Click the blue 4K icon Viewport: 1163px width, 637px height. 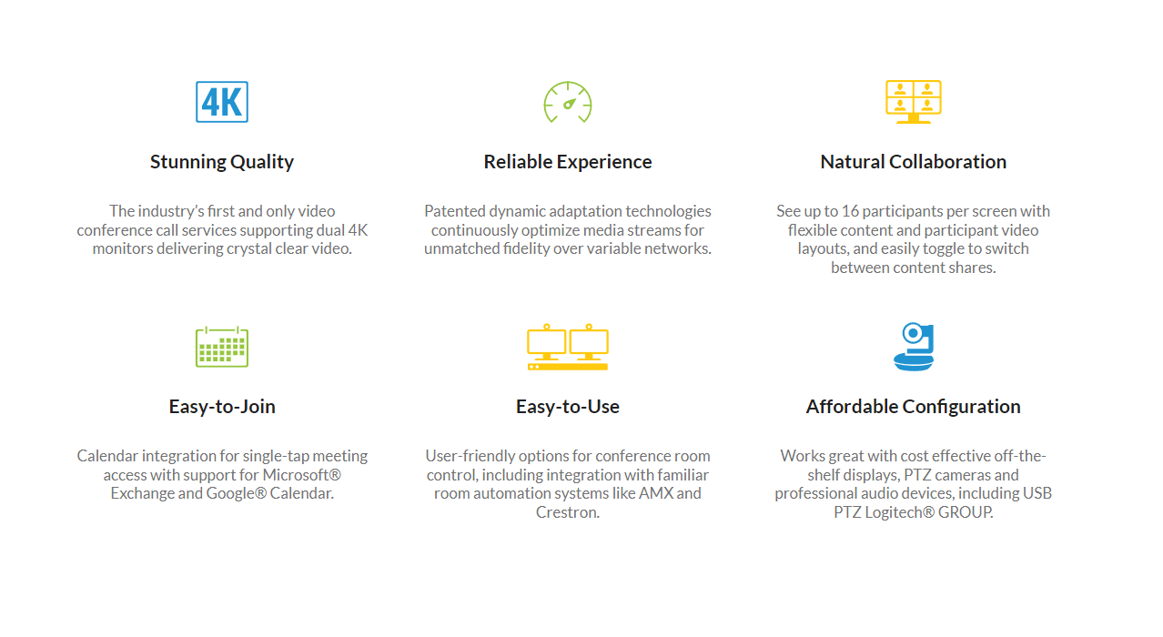222,102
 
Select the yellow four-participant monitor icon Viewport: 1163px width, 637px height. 914,102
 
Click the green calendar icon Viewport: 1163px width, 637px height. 222,347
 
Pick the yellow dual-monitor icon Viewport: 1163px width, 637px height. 568,347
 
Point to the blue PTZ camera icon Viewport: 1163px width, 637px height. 914,347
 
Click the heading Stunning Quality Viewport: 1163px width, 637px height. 222,162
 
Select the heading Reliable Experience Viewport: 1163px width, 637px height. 568,162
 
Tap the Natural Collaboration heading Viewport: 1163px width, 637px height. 914,162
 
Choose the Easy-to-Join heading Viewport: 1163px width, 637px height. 222,407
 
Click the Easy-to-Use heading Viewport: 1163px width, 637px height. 568,407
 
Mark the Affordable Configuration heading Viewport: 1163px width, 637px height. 914,407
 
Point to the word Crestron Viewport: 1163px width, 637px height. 568,512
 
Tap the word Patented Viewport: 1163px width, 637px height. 454,211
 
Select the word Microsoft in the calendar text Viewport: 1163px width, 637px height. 296,475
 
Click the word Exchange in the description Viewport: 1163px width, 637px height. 142,493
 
